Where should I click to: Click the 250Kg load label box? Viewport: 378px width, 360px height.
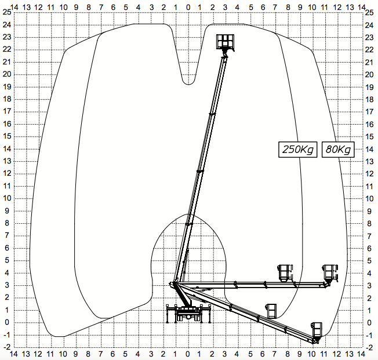(x=298, y=150)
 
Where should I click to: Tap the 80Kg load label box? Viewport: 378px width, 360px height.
(x=338, y=150)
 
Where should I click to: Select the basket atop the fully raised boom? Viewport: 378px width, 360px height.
(x=225, y=42)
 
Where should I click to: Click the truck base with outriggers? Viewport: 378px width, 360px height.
(x=189, y=314)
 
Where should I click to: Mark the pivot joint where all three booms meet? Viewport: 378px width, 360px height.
(x=175, y=284)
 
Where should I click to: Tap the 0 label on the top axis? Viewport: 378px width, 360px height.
(x=188, y=8)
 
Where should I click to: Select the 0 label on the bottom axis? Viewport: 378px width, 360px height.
(x=188, y=354)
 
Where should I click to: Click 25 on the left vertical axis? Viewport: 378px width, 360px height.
(x=7, y=12)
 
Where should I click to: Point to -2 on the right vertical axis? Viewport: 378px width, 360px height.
(x=369, y=347)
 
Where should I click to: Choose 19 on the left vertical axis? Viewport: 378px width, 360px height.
(x=7, y=86)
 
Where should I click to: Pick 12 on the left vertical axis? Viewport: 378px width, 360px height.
(x=7, y=173)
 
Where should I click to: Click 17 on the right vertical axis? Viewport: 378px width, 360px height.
(x=369, y=112)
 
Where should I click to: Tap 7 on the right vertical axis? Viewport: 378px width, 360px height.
(x=369, y=236)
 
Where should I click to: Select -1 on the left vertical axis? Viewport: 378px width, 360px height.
(x=7, y=335)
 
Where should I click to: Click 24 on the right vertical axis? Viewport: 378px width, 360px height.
(x=369, y=25)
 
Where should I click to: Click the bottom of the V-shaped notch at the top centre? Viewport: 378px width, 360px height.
(x=188, y=85)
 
